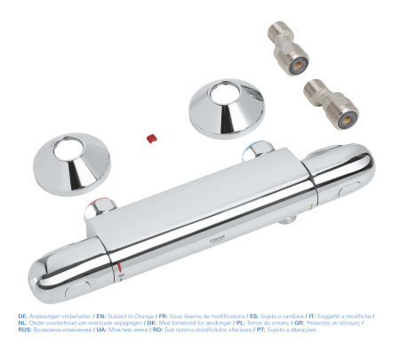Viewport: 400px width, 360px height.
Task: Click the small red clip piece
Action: point(152,138)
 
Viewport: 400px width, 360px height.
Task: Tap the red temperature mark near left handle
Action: point(118,265)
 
